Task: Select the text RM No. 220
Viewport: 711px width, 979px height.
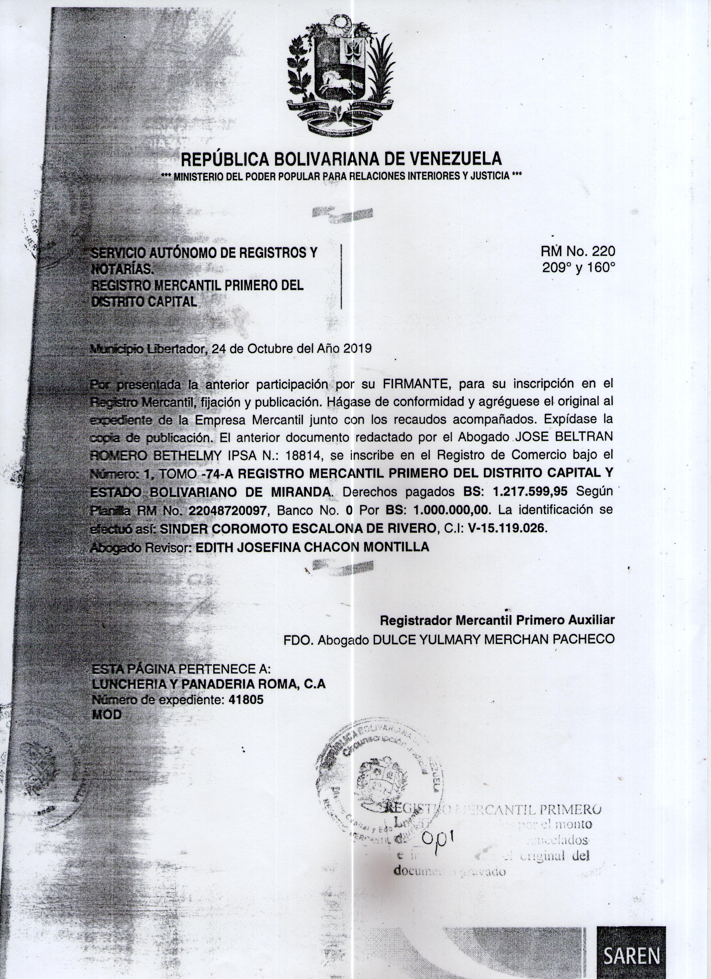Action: (x=578, y=251)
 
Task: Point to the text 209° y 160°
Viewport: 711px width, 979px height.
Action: (x=578, y=268)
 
